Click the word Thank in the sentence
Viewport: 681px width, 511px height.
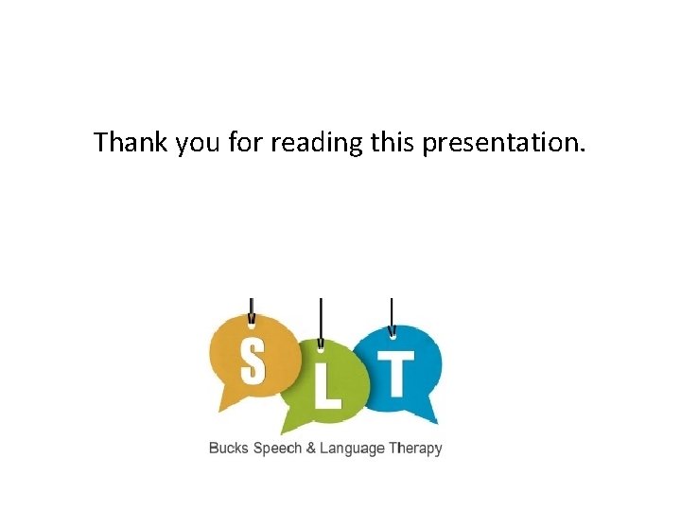tap(131, 143)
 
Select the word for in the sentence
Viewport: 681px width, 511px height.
tap(243, 143)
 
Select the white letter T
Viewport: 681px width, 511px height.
tap(398, 373)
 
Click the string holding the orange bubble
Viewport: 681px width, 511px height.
tap(251, 308)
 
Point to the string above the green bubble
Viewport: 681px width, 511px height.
tap(321, 317)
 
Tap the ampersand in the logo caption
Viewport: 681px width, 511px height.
tap(310, 449)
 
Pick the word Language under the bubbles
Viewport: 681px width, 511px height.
tap(352, 449)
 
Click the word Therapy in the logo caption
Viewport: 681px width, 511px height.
tap(415, 449)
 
